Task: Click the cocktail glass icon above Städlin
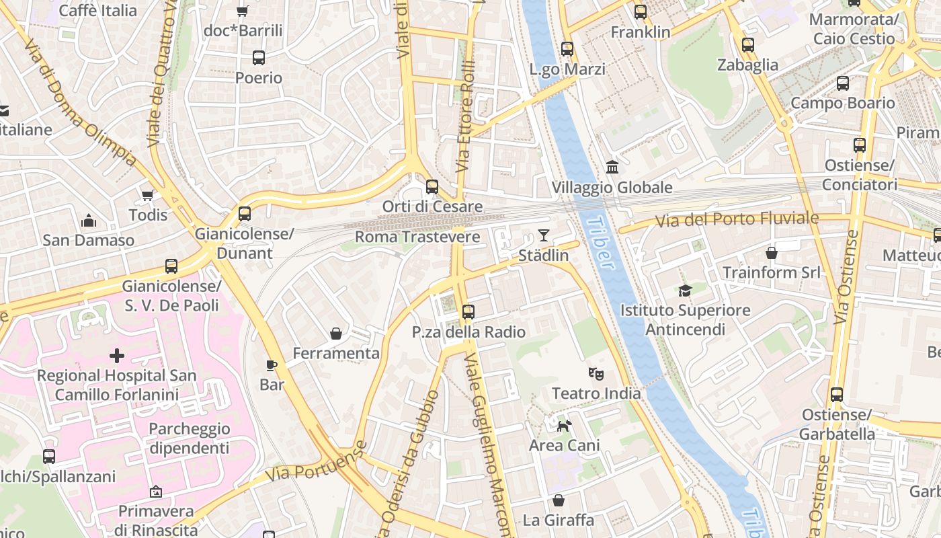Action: click(x=543, y=235)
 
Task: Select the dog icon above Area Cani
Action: click(x=564, y=425)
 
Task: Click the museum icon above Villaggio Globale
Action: click(x=612, y=167)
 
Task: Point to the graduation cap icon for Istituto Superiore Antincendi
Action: click(x=685, y=291)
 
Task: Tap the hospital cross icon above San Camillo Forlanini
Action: click(x=117, y=355)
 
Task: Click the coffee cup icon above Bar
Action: click(x=272, y=365)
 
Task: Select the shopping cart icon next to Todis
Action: click(x=148, y=195)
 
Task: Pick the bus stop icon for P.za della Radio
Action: click(x=468, y=312)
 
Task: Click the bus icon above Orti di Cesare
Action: click(x=432, y=186)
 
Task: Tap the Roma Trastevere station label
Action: click(x=417, y=237)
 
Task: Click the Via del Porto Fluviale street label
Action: click(x=737, y=219)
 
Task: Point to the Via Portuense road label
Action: click(x=316, y=461)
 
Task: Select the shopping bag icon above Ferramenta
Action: click(x=336, y=334)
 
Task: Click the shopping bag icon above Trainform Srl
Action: click(x=772, y=253)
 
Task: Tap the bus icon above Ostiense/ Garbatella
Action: click(x=837, y=395)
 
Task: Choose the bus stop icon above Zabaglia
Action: click(x=748, y=45)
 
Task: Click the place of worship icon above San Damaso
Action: click(x=88, y=221)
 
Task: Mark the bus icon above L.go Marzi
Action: click(x=567, y=49)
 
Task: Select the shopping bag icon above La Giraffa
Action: click(x=559, y=500)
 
